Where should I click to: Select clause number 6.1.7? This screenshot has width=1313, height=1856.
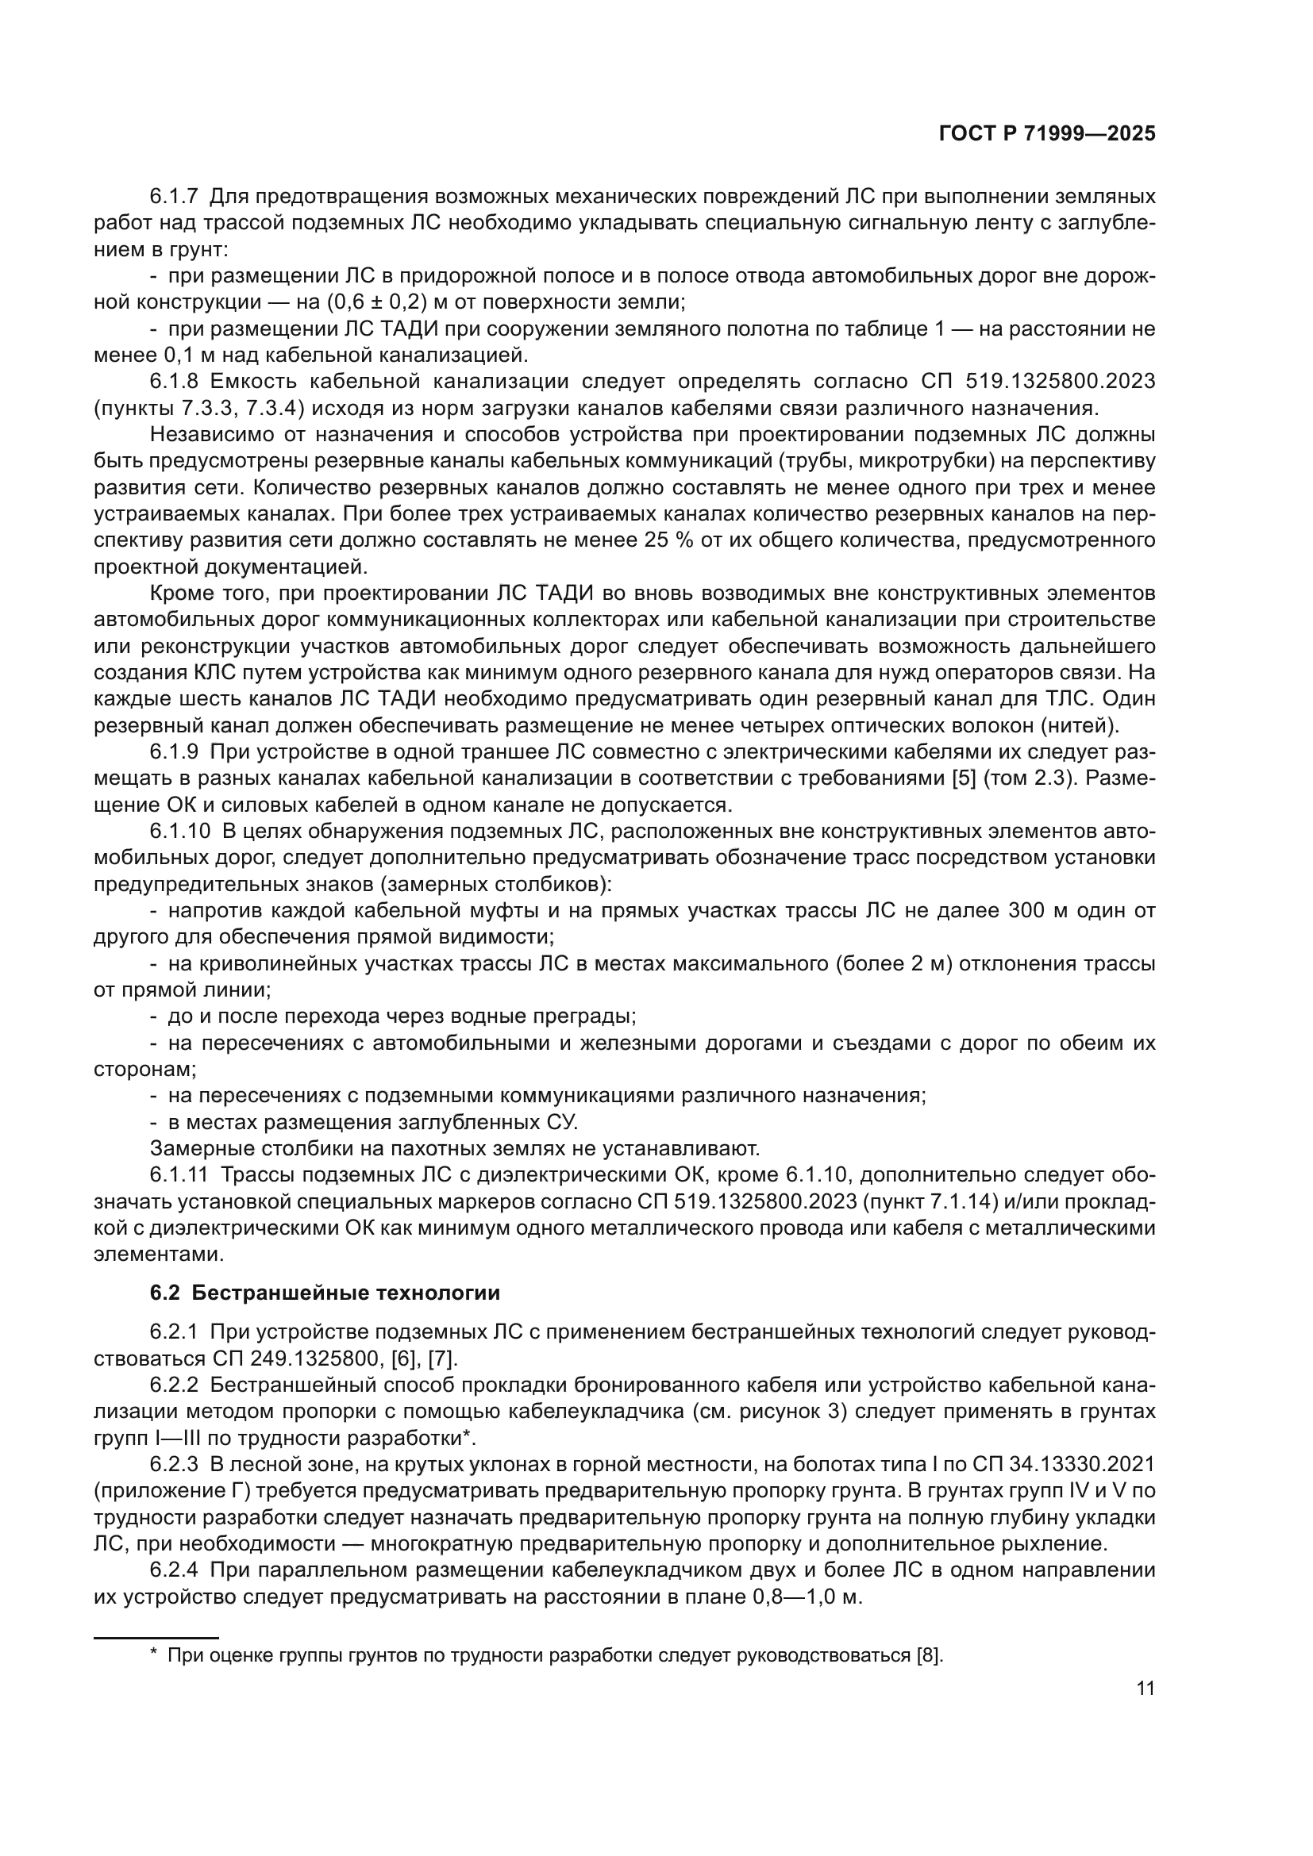(x=173, y=197)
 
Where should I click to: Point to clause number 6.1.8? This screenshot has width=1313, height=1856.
(x=173, y=382)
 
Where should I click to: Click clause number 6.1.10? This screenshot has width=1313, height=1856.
(x=179, y=831)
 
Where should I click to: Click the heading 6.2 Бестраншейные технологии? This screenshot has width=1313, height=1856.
(x=325, y=1293)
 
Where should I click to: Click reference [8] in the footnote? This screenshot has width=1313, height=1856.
(x=929, y=1654)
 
